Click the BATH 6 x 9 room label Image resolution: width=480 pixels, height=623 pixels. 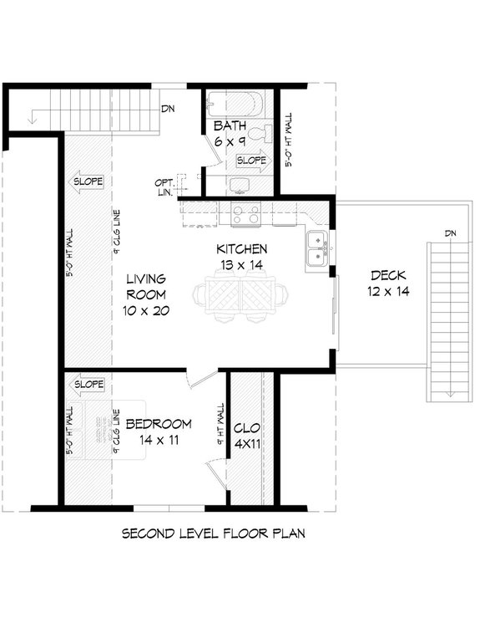[229, 134]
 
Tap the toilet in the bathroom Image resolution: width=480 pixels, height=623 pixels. [265, 133]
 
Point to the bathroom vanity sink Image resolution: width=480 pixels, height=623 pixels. [240, 186]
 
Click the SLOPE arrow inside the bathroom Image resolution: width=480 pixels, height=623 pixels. [253, 160]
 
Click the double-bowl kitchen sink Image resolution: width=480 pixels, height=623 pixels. [317, 248]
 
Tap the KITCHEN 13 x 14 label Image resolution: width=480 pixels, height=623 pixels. [241, 257]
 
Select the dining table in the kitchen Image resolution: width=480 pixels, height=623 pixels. [240, 296]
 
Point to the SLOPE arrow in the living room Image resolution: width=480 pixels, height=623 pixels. [86, 181]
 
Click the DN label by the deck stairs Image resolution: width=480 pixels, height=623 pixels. [451, 232]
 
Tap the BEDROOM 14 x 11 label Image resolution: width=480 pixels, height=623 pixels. [159, 431]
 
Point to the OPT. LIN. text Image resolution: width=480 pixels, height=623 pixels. [164, 187]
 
